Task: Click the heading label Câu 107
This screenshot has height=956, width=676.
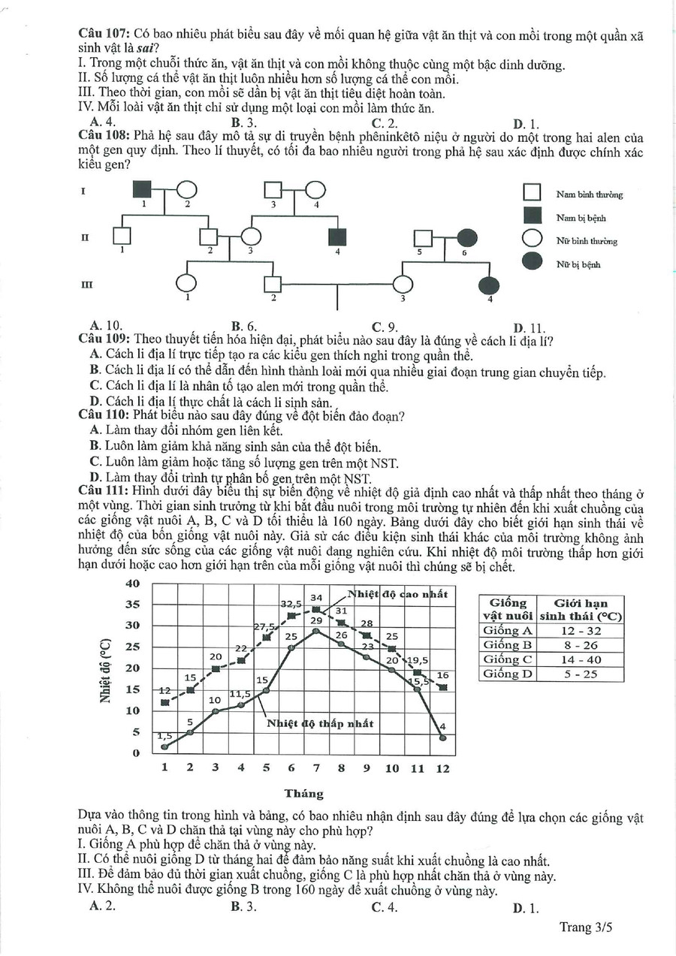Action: point(104,35)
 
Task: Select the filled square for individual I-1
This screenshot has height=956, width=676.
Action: point(143,192)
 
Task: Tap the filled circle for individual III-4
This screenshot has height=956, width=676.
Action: point(489,285)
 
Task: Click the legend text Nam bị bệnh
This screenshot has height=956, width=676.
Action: point(581,218)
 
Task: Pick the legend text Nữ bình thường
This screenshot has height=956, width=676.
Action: point(586,241)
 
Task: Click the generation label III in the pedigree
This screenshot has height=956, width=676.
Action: point(86,285)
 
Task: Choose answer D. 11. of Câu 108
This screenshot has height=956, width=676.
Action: point(529,327)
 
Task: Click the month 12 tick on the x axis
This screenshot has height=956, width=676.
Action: point(443,768)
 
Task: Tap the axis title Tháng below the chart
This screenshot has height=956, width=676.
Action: point(304,794)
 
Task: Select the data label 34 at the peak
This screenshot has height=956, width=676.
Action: point(316,598)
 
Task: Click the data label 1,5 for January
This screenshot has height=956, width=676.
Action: point(164,736)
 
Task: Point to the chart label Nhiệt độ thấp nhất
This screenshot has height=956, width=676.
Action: point(320,724)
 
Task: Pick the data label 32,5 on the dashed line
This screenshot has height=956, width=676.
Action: point(291,603)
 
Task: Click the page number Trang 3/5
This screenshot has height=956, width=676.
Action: point(586,927)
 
